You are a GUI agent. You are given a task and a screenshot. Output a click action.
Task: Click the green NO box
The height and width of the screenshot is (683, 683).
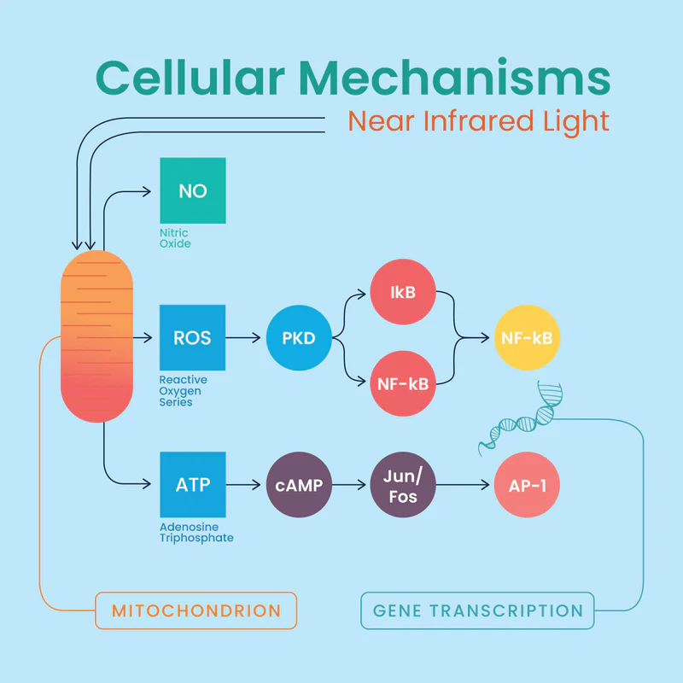click(x=193, y=190)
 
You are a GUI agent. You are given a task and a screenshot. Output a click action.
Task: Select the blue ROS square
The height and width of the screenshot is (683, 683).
click(x=193, y=338)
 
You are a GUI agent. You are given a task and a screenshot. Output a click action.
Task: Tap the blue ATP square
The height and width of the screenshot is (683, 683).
click(x=193, y=485)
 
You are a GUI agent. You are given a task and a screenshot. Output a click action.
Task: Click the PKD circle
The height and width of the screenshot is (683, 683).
click(x=299, y=338)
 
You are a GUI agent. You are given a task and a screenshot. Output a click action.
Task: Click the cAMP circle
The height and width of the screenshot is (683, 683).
click(x=299, y=485)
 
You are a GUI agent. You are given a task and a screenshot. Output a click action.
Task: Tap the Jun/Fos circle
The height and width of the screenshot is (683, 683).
click(x=402, y=485)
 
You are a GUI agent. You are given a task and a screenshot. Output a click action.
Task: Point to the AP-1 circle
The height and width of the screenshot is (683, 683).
click(x=528, y=485)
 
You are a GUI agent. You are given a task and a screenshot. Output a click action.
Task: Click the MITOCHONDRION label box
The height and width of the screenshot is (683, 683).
click(x=196, y=610)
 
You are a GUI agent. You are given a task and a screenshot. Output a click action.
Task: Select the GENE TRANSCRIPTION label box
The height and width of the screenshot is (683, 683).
click(x=477, y=610)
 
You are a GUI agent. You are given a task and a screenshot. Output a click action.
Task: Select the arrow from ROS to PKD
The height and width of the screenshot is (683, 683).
click(x=243, y=338)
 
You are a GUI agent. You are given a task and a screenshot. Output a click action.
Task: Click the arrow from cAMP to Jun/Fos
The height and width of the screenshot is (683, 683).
click(x=350, y=485)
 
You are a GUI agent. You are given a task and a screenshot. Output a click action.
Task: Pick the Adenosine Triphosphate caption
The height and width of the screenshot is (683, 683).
click(x=196, y=533)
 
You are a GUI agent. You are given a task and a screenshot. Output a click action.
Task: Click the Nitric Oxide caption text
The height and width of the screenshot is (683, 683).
click(x=175, y=238)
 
